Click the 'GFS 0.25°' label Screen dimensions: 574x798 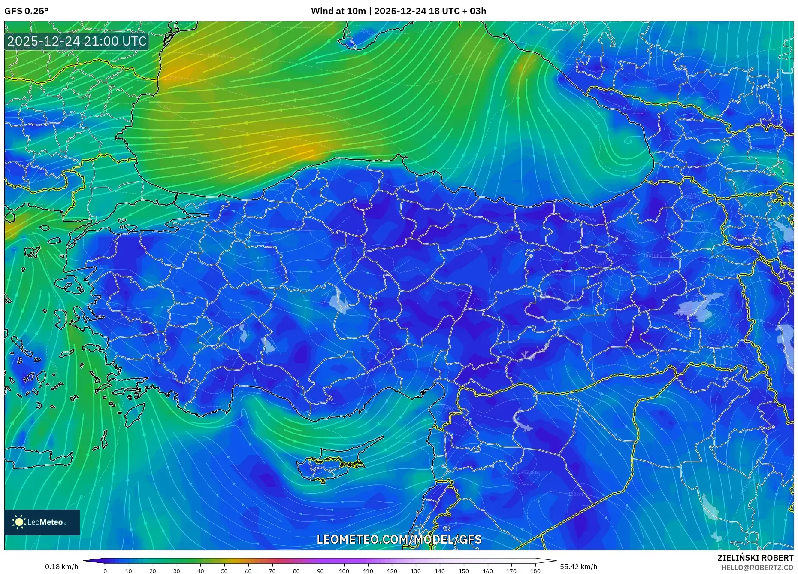tap(26, 11)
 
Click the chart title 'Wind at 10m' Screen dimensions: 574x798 tap(338, 11)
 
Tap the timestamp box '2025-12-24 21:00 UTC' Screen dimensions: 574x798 tap(77, 42)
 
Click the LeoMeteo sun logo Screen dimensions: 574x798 tap(19, 522)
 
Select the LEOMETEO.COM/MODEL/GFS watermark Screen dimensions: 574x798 tap(399, 539)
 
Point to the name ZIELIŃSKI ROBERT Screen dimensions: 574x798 tap(755, 558)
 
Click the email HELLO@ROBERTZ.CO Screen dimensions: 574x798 tap(757, 568)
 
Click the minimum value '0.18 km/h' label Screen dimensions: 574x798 tap(62, 567)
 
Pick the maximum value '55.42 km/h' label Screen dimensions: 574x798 tap(578, 567)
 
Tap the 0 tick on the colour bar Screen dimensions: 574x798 tap(105, 571)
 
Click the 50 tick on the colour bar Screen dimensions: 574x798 tap(224, 571)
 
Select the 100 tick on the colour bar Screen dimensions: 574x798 tap(344, 571)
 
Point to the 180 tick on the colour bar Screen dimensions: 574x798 tap(535, 571)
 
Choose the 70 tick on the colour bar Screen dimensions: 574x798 tap(272, 571)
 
